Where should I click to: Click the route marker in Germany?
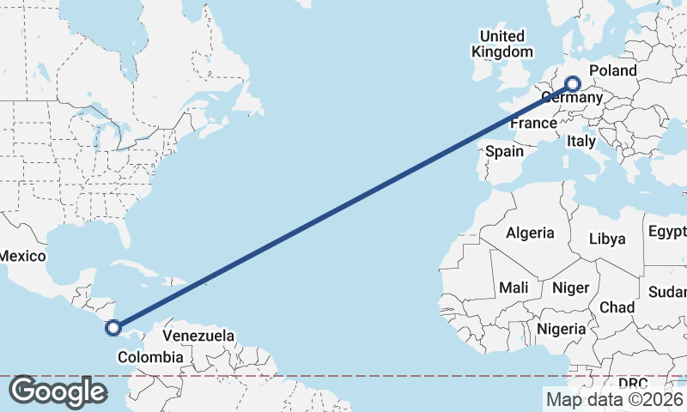tap(573, 84)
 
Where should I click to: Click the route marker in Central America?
tap(112, 327)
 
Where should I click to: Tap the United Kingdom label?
tap(502, 44)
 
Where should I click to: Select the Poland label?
tap(613, 70)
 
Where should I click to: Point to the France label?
tap(533, 124)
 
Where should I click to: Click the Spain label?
tap(504, 151)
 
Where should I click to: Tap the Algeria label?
tap(530, 233)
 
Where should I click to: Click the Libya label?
tap(607, 239)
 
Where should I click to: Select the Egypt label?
tap(667, 232)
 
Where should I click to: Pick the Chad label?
tap(617, 307)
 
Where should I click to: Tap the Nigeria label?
tap(562, 329)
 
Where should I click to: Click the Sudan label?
tap(667, 292)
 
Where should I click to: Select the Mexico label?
tap(21, 256)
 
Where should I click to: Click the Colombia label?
tap(150, 356)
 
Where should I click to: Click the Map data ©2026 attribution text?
tap(614, 399)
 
